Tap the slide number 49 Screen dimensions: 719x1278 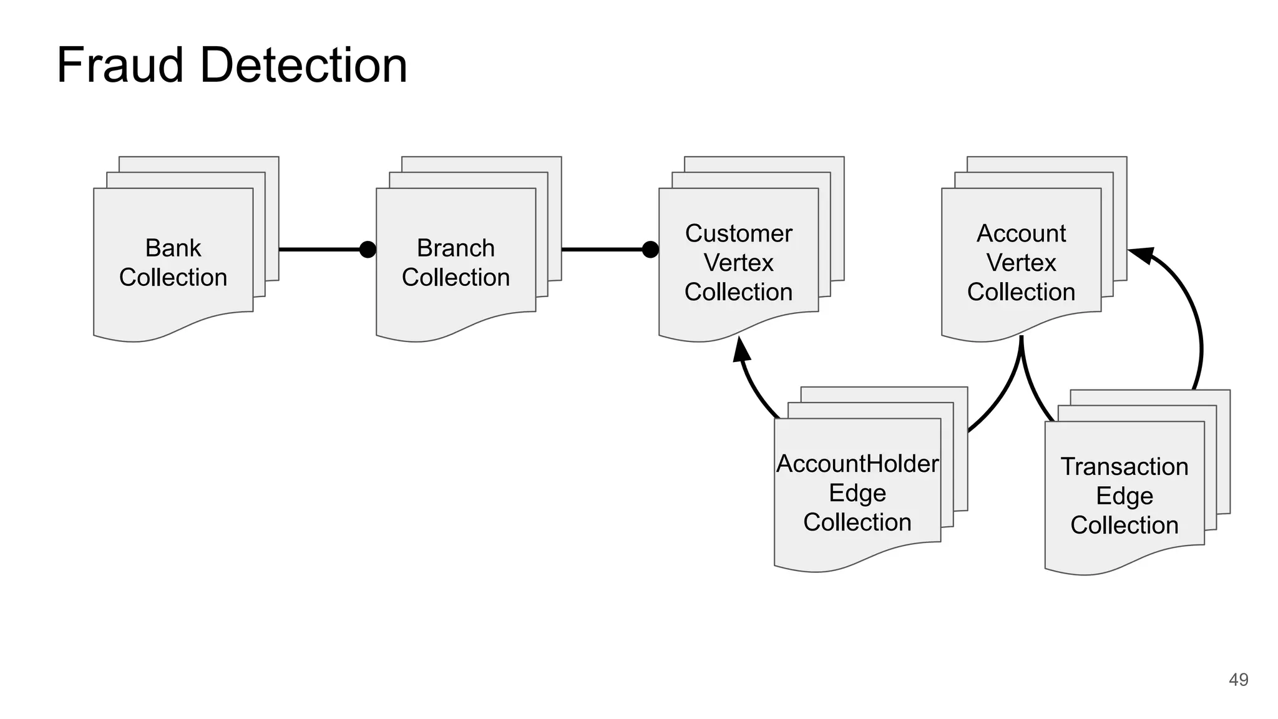pyautogui.click(x=1238, y=680)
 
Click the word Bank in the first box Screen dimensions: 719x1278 pyautogui.click(x=173, y=248)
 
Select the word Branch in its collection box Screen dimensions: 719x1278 pyautogui.click(x=456, y=248)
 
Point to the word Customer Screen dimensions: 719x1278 pyautogui.click(x=738, y=234)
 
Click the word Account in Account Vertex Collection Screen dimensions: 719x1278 pyautogui.click(x=1021, y=234)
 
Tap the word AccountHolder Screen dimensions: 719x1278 pyautogui.click(x=857, y=464)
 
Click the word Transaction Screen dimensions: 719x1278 pyautogui.click(x=1124, y=467)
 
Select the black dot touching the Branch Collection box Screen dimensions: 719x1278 pyautogui.click(x=368, y=250)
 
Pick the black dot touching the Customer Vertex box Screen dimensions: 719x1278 pyautogui.click(x=650, y=250)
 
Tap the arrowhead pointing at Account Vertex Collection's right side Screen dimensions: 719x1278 pyautogui.click(x=1141, y=254)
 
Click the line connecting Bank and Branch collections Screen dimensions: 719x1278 pyautogui.click(x=318, y=250)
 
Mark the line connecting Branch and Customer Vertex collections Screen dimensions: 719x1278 pyautogui.click(x=602, y=250)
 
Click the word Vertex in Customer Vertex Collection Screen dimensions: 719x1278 pyautogui.click(x=738, y=263)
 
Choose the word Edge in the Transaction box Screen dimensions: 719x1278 pyautogui.click(x=1124, y=496)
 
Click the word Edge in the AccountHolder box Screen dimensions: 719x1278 pyautogui.click(x=857, y=493)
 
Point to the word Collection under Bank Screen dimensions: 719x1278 pyautogui.click(x=173, y=278)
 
